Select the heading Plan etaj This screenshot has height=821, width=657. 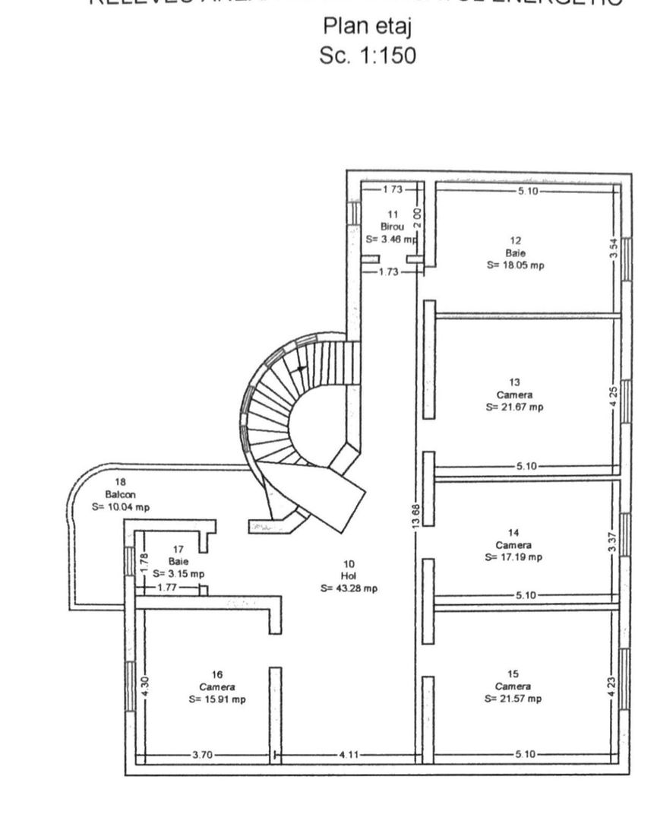point(368,27)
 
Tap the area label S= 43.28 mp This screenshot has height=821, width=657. point(349,588)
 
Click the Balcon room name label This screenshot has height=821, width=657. point(120,494)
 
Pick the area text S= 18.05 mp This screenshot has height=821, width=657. point(514,265)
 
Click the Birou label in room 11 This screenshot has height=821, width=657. point(393,227)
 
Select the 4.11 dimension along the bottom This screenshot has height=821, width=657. point(349,755)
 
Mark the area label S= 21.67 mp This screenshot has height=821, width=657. point(514,407)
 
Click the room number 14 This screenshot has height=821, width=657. point(514,533)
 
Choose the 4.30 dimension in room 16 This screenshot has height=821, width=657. point(145,687)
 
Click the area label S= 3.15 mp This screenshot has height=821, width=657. point(178,573)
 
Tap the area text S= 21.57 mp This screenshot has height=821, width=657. point(513,699)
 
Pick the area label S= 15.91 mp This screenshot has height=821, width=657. point(217,699)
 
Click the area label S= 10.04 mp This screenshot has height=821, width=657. point(120,506)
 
